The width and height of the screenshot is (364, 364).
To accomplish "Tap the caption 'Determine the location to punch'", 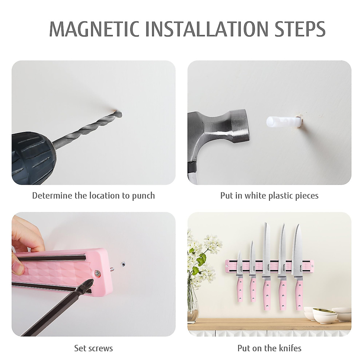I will pos(93,196).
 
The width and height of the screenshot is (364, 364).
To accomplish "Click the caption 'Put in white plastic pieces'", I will pos(269,196).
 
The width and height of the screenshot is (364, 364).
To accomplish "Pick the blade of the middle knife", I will pos(267,246).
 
